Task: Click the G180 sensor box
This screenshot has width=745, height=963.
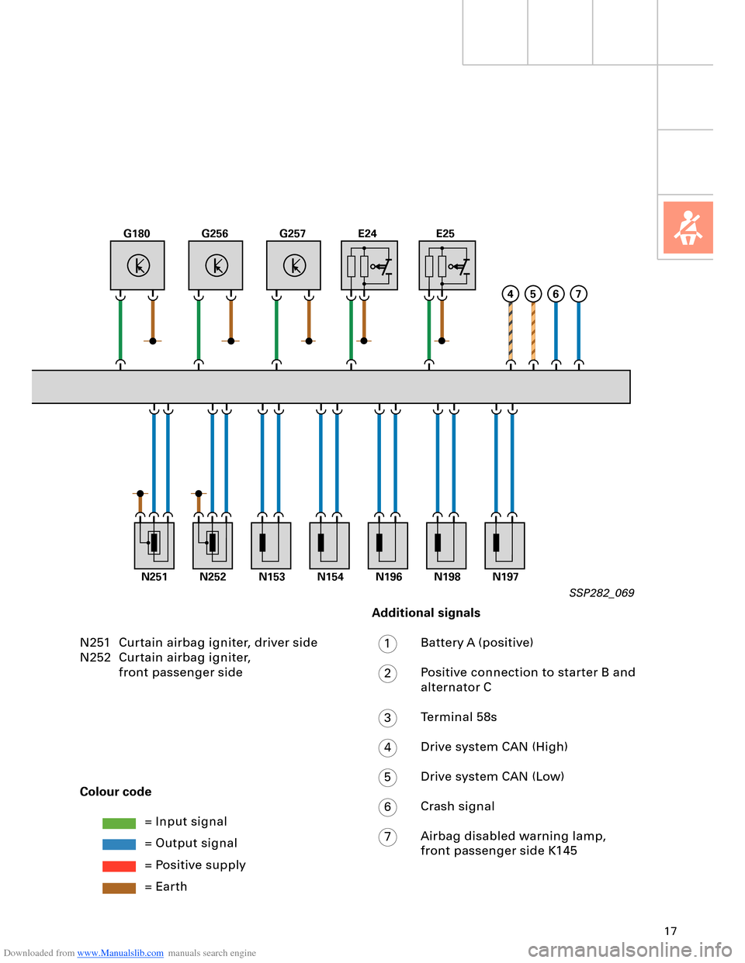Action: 137,265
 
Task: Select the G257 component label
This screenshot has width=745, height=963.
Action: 293,233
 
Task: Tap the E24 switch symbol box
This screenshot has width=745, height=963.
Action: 369,265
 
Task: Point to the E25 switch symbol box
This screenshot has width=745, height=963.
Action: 447,265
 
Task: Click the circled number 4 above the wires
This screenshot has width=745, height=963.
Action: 510,294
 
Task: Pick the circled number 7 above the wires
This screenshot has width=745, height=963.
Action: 578,294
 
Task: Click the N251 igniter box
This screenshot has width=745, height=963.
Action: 154,545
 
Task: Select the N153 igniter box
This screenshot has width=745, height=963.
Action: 271,545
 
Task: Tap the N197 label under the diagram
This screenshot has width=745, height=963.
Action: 505,577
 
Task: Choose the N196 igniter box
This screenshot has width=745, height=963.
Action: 388,545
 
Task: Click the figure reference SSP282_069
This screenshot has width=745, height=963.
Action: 601,593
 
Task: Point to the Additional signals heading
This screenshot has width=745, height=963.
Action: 426,613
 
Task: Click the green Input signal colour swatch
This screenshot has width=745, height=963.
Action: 119,823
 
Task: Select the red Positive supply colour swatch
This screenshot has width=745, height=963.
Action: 119,866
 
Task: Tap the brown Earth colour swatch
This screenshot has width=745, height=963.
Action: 119,888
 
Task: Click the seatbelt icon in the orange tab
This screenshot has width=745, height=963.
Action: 688,228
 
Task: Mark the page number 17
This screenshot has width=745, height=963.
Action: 670,931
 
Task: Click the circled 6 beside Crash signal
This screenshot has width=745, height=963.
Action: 388,807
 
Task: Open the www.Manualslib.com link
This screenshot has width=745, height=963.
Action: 120,953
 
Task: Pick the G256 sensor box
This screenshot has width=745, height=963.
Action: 216,265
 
